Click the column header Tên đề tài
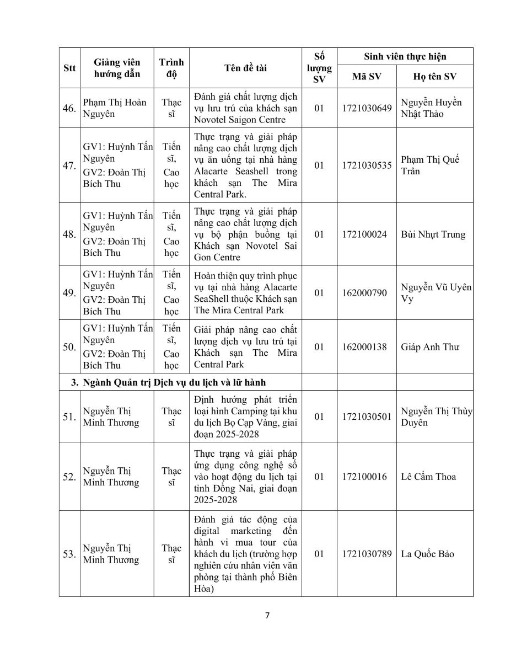[x=245, y=68]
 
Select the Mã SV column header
[x=366, y=76]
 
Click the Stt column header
[x=69, y=68]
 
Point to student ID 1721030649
[x=366, y=108]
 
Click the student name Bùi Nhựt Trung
[x=433, y=234]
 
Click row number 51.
[x=69, y=417]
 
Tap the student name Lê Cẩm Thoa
[x=428, y=477]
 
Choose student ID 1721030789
[x=366, y=554]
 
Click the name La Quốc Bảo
[x=428, y=554]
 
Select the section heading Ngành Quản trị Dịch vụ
[x=176, y=382]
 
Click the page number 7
[x=267, y=616]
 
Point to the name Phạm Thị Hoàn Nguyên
[x=115, y=108]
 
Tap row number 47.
[x=69, y=165]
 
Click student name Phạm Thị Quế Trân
[x=430, y=165]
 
